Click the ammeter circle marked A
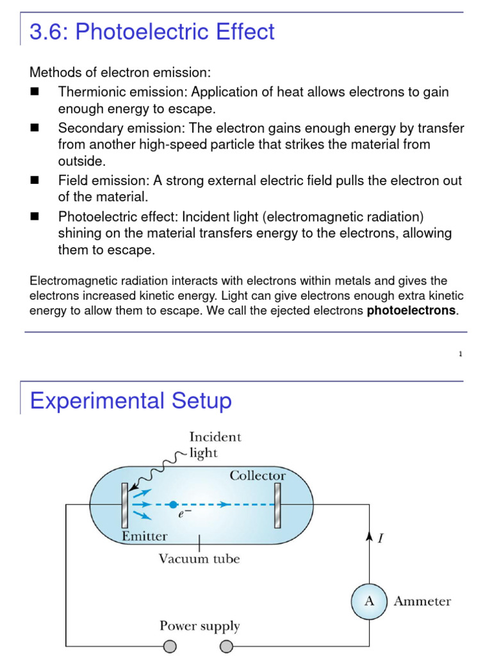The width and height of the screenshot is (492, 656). pos(369,601)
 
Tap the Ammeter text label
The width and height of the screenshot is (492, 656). pos(422,602)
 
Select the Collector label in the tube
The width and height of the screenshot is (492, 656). pos(258,475)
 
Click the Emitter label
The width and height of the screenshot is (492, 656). pos(145,536)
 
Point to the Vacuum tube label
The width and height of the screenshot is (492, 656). pos(199,559)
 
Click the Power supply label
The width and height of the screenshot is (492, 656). pos(199,626)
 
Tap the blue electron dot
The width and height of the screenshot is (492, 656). pos(173,504)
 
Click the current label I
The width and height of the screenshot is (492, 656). pos(381,538)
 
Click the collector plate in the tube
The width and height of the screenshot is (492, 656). pos(277,505)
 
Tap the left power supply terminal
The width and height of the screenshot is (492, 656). pos(170,646)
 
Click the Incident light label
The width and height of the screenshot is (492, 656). pos(215,445)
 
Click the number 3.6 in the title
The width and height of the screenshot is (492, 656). pos(49,31)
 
